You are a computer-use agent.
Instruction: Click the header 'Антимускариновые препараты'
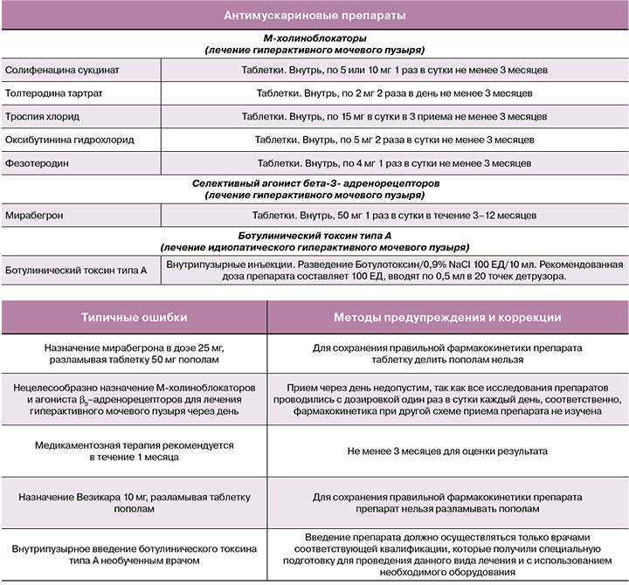click(x=314, y=16)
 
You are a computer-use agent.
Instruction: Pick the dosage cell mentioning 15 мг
click(x=394, y=116)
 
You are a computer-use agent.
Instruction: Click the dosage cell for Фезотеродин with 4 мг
click(x=394, y=163)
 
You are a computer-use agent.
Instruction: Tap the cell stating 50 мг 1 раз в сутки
click(x=394, y=215)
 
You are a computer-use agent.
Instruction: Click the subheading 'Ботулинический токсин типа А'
click(x=314, y=236)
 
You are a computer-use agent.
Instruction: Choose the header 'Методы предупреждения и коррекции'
click(x=447, y=318)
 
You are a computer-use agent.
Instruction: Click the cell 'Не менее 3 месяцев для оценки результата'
click(x=447, y=451)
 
